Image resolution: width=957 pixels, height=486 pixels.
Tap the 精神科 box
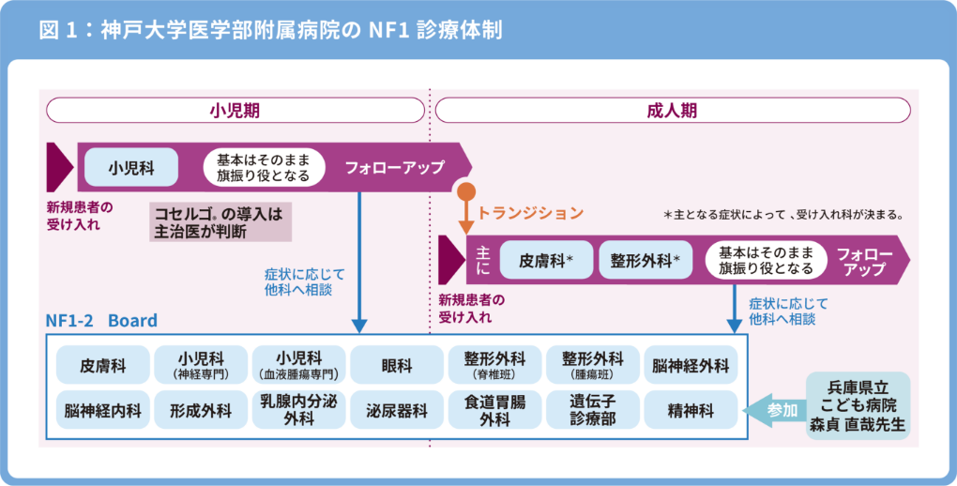point(691,411)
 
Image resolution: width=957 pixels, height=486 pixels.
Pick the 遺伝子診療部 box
point(593,411)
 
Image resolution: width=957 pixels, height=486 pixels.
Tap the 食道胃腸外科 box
point(494,411)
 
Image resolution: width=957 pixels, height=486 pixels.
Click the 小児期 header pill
point(235,111)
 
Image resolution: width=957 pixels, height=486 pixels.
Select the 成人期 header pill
point(672,111)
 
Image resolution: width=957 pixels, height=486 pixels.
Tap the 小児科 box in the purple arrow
point(131,169)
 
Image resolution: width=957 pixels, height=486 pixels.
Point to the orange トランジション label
point(531,213)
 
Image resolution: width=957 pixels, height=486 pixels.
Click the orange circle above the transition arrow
point(465,194)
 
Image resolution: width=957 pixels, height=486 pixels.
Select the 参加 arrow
point(778,411)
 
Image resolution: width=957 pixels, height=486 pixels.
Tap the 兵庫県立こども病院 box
point(858,405)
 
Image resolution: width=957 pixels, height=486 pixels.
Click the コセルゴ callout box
point(220,221)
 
